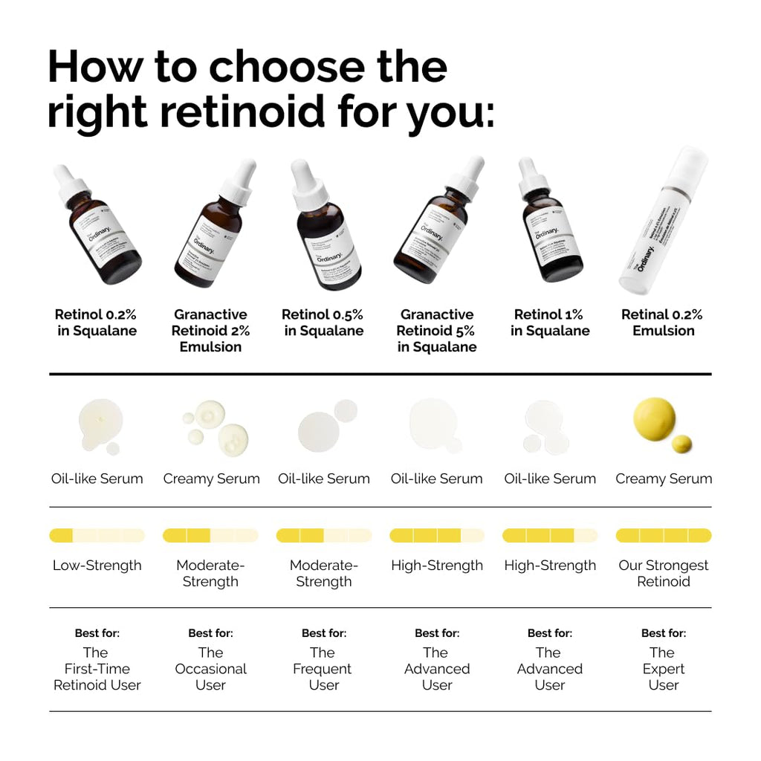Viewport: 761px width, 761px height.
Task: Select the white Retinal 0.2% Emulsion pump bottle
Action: [664, 223]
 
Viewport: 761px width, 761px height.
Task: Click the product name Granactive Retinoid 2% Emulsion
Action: [210, 331]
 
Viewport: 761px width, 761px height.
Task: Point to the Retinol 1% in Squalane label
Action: [550, 323]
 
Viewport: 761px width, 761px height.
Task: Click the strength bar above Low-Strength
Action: [97, 535]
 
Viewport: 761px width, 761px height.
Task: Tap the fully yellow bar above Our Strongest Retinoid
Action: [664, 535]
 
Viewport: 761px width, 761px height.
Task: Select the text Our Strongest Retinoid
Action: [664, 573]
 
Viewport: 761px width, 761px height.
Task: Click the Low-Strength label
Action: [97, 566]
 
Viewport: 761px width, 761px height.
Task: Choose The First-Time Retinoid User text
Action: [97, 669]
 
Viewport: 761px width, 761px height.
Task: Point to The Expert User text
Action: [664, 669]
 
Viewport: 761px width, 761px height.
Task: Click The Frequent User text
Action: [323, 669]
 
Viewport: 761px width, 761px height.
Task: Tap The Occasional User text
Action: [210, 669]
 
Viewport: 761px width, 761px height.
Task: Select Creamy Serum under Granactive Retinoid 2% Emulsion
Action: [211, 479]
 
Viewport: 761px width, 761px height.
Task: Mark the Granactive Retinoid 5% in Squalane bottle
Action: [435, 230]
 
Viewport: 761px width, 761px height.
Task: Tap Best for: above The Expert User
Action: [664, 633]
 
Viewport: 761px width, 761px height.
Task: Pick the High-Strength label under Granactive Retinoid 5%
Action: [437, 566]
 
